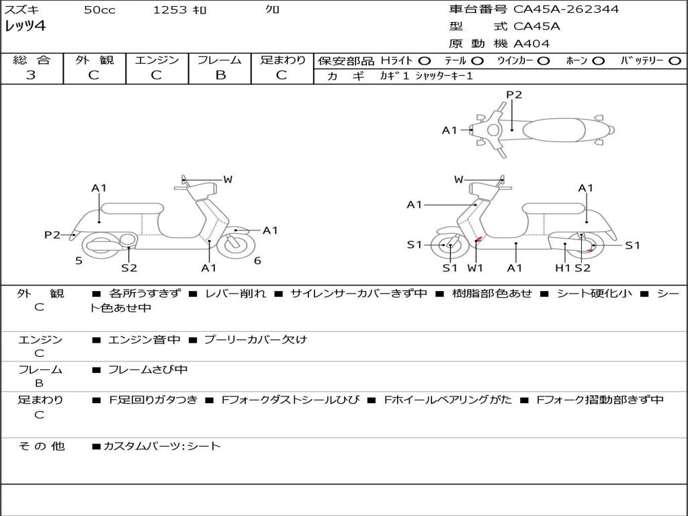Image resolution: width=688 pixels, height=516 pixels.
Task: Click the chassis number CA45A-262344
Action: pos(566,9)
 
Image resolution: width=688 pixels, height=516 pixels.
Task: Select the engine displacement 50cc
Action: pos(99,10)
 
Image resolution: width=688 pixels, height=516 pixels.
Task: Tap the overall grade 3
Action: pos(31,75)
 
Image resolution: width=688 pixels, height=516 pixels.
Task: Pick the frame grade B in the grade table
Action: pos(220,75)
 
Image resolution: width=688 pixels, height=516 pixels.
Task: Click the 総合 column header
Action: pos(31,60)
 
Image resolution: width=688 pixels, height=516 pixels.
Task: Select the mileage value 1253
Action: pos(170,10)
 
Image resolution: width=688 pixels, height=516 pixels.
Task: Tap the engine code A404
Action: pos(531,44)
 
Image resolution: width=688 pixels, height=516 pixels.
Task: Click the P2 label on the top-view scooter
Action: pos(514,95)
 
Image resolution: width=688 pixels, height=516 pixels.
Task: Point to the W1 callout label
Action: pos(475,268)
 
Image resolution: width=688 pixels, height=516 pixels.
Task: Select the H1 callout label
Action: pos(562,268)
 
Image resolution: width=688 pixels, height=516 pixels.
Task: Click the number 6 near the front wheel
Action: pos(257,261)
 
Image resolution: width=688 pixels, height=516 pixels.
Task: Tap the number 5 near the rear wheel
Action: pos(79,261)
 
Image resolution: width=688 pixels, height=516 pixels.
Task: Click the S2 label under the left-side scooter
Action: pos(129,268)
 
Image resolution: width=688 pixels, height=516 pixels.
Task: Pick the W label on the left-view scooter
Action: pos(228,179)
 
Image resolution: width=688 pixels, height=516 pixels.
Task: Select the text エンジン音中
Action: pos(144,340)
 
